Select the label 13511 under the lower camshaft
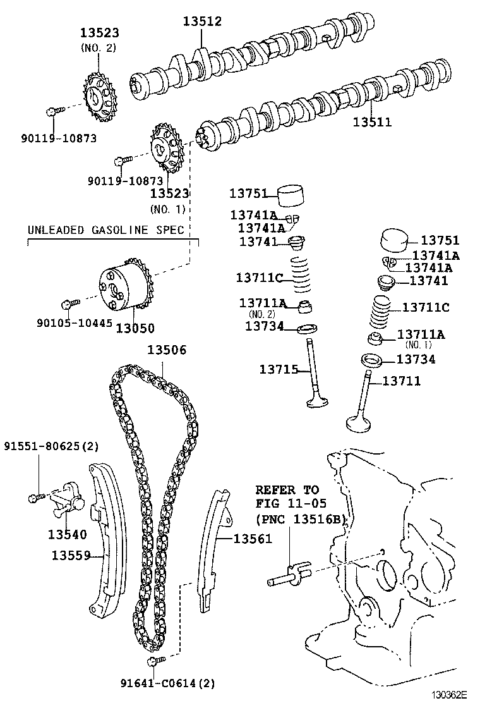[372, 122]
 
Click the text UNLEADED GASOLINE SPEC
[105, 229]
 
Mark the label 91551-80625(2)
[51, 446]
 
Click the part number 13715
[279, 369]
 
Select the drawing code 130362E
[448, 694]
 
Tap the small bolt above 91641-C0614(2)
[154, 661]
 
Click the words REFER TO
[287, 490]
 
